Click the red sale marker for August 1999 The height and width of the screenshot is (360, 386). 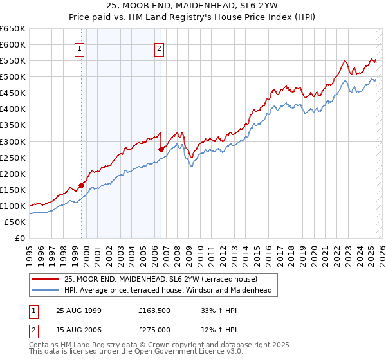pos(82,185)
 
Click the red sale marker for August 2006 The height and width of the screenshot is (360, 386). pos(161,149)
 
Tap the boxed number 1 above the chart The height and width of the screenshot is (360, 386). pos(79,48)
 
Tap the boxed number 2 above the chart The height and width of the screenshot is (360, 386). pos(159,48)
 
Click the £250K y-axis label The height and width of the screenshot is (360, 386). pos(13,157)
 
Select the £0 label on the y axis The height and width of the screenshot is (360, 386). pos(19,238)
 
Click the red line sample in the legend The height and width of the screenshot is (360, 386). pos(45,279)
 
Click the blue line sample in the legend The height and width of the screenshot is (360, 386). pos(45,290)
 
